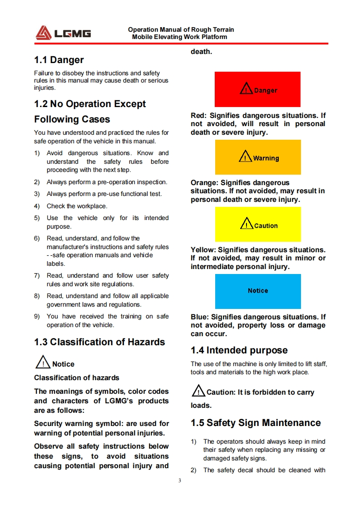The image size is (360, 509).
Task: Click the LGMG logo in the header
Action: point(63,33)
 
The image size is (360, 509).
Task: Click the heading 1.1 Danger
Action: point(59,60)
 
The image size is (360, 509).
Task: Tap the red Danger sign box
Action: point(257,89)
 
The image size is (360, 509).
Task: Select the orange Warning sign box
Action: point(257,157)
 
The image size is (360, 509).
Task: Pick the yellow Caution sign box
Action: point(257,224)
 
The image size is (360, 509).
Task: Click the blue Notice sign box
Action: point(257,291)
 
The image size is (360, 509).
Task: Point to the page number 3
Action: point(180,480)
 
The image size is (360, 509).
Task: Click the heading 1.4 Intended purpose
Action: point(239,350)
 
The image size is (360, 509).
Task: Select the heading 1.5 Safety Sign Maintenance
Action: point(255,423)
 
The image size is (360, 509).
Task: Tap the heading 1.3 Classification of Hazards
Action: point(99,342)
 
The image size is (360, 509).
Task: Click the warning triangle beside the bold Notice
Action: point(43,363)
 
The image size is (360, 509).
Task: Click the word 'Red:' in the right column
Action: point(199,116)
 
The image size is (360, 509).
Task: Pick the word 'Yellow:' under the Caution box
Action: point(203,250)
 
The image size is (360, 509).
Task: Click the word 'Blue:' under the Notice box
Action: point(200,317)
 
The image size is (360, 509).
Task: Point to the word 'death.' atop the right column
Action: point(201,52)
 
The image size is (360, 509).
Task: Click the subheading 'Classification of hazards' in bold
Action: point(77,377)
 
